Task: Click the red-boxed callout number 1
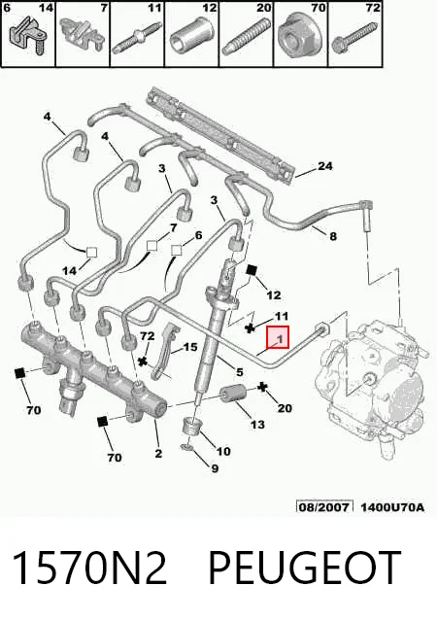pos(280,339)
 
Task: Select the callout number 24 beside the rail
pos(325,166)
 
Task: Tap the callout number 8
pos(333,236)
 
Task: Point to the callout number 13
pos(257,425)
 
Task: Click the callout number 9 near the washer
pos(215,468)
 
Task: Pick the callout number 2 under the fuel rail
pos(158,453)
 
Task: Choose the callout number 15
pos(190,347)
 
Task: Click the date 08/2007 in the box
pos(323,506)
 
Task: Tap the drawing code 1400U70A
pos(392,506)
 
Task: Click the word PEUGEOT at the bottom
pos(304,568)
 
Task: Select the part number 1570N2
pos(89,568)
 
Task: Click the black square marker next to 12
pos(252,270)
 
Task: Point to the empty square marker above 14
pos(91,253)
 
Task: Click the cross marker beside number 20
pos(262,387)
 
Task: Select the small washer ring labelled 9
pos(186,448)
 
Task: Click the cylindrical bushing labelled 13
pos(233,394)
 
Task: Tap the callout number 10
pos(223,451)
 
